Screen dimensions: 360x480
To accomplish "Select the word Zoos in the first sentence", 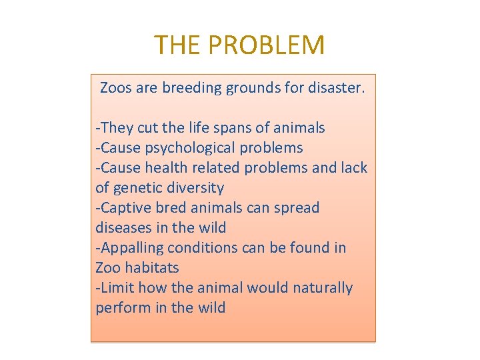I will pyautogui.click(x=116, y=87).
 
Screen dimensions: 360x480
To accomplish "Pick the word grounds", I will pyautogui.click(x=257, y=87).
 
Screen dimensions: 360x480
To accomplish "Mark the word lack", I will pyautogui.click(x=353, y=167).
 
